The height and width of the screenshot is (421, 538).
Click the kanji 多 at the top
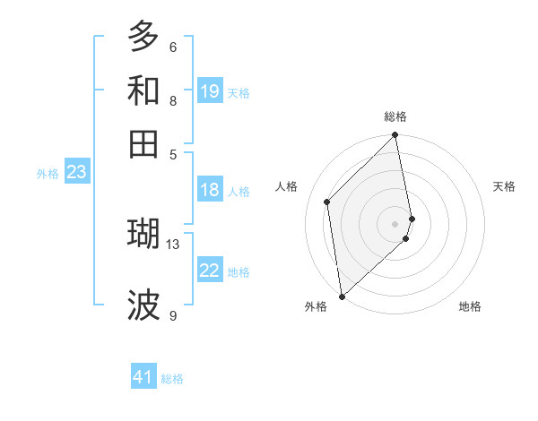click(x=143, y=37)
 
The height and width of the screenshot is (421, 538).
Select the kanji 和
click(x=143, y=90)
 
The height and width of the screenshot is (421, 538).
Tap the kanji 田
click(x=143, y=143)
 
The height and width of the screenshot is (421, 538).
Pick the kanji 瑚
click(x=143, y=233)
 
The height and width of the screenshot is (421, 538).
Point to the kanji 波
click(x=143, y=305)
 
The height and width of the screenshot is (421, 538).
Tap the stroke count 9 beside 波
click(x=173, y=314)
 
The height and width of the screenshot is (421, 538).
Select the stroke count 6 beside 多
click(x=173, y=47)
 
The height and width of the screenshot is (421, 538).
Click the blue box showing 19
click(x=210, y=91)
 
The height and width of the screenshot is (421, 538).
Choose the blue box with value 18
click(x=210, y=190)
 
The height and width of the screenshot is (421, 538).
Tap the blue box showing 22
click(x=210, y=271)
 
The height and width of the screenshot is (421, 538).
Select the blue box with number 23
click(x=76, y=173)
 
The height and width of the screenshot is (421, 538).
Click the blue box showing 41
click(x=143, y=377)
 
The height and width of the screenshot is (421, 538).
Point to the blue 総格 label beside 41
click(x=172, y=379)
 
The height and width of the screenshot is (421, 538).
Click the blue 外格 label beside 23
click(x=48, y=174)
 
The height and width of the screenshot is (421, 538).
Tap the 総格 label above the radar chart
click(x=395, y=116)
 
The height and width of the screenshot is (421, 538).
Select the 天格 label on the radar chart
click(x=504, y=186)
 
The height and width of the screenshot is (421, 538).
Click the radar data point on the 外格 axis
click(x=342, y=296)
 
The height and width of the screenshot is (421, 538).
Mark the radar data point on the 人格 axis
click(x=327, y=202)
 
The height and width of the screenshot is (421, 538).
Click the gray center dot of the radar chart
click(x=395, y=223)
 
